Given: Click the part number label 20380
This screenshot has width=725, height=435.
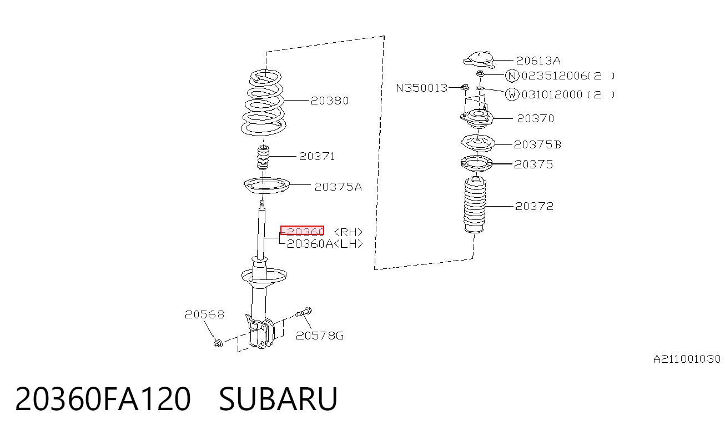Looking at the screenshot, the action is [330, 101].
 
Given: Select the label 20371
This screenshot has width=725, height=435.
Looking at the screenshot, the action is [317, 157].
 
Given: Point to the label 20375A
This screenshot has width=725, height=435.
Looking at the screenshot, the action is [338, 187].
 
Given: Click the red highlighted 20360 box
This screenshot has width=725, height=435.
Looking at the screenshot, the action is [303, 231].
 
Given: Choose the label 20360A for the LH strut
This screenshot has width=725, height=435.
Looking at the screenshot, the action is [310, 244].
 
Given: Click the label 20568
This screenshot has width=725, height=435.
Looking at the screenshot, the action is [204, 314].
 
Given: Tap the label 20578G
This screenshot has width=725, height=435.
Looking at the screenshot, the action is [320, 336].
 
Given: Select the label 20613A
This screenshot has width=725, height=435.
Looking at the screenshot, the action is [538, 61].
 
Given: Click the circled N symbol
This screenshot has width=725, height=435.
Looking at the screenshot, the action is [512, 76].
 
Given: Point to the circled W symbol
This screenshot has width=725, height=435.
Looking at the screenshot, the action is [512, 94].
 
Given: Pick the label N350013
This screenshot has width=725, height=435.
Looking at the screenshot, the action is [422, 88].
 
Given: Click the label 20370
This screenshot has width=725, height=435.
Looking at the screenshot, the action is [536, 118].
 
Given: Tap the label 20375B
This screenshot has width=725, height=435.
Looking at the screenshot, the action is [537, 144].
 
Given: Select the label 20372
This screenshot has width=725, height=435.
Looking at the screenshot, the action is [535, 206].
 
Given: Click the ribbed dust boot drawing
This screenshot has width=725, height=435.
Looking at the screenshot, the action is [475, 204].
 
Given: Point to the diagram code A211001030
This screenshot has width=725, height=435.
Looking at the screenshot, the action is [687, 359].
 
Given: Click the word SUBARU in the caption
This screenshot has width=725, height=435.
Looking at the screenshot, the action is [278, 399].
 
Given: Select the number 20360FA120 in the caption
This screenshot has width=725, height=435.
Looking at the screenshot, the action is [103, 399].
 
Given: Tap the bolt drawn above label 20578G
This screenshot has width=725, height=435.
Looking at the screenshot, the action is [304, 312].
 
